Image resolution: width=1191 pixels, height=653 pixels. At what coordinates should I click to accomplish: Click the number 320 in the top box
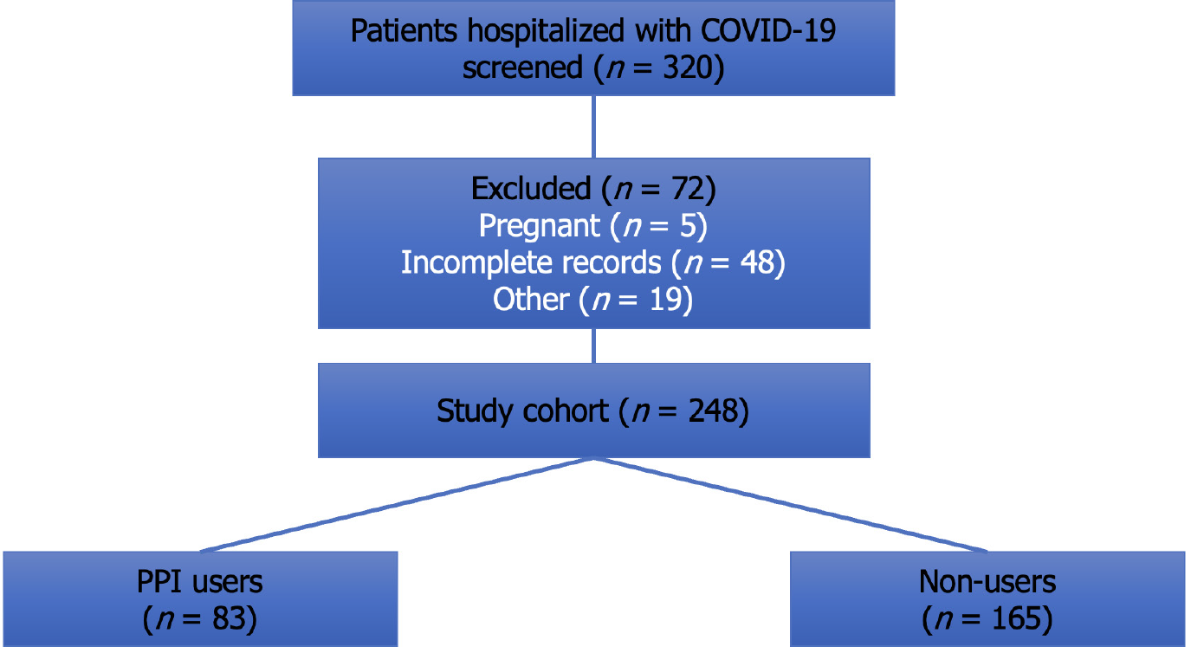pyautogui.click(x=688, y=68)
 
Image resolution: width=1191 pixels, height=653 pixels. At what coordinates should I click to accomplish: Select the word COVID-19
pyautogui.click(x=768, y=31)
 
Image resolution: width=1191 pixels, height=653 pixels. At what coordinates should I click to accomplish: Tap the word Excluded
pyautogui.click(x=531, y=189)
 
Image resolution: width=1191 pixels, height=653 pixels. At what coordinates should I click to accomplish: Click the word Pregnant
pyautogui.click(x=540, y=226)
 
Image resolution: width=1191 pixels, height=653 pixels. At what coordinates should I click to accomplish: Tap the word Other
pyautogui.click(x=531, y=299)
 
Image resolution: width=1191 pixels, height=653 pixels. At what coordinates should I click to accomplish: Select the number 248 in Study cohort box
pyautogui.click(x=713, y=411)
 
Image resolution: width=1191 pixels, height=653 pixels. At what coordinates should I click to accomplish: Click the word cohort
pyautogui.click(x=566, y=411)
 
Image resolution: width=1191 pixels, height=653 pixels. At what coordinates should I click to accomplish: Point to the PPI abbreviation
pyautogui.click(x=159, y=582)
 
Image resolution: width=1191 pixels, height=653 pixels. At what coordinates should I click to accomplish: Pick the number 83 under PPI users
pyautogui.click(x=229, y=618)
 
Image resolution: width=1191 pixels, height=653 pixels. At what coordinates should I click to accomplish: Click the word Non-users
pyautogui.click(x=987, y=582)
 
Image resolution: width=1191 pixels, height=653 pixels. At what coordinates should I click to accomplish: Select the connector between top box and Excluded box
pyautogui.click(x=593, y=127)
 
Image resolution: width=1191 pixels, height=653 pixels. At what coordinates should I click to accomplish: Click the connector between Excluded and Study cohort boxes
pyautogui.click(x=593, y=346)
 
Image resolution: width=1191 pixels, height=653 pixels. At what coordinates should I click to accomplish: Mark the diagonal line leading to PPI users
pyautogui.click(x=397, y=505)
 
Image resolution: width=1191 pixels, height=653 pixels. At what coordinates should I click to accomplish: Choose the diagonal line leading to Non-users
pyautogui.click(x=791, y=505)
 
